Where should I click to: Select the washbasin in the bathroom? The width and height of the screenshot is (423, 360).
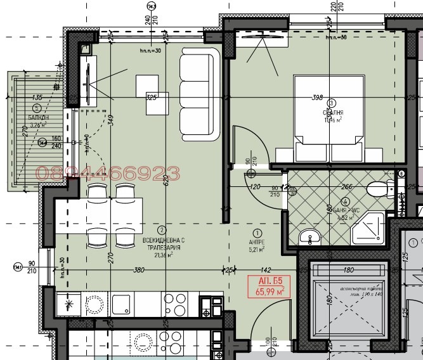[311, 236]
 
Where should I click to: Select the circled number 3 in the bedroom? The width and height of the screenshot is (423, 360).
[331, 103]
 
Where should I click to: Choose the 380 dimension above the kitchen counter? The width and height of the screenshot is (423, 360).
[138, 270]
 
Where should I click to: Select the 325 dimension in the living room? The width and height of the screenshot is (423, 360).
[151, 98]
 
